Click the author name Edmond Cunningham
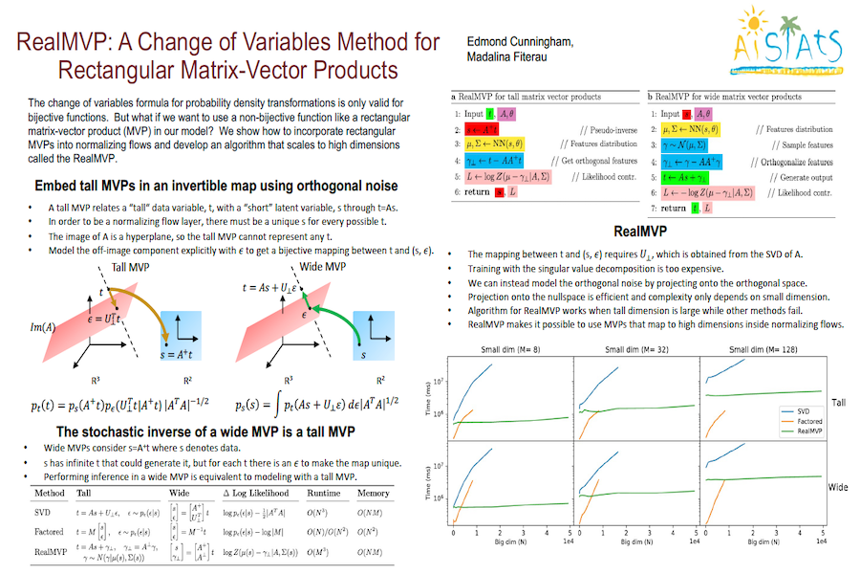522,41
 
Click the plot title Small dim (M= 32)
638,349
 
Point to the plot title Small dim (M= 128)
763,349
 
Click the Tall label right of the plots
838,404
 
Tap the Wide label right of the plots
838,488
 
